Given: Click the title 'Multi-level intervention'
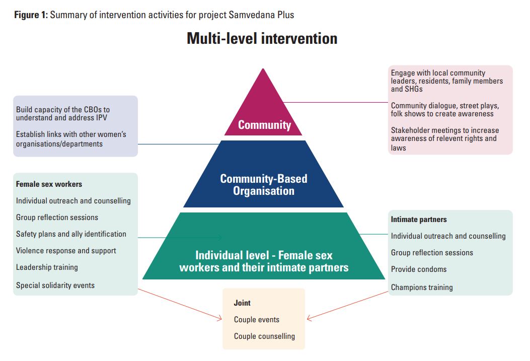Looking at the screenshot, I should [262, 39].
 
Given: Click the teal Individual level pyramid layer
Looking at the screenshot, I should [263, 252].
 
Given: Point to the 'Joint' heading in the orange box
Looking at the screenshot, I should [242, 303].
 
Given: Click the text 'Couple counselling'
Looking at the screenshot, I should [264, 336].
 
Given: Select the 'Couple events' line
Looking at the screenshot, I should [256, 320].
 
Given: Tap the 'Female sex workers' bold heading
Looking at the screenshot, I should [49, 184].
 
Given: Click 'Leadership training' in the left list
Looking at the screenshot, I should [47, 267].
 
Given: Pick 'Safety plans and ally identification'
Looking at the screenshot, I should [71, 234].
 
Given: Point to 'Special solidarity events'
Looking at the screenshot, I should [55, 285].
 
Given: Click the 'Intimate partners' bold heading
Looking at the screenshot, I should [419, 220].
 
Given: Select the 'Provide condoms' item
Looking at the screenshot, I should [419, 269].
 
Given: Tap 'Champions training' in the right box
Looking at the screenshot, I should [422, 287].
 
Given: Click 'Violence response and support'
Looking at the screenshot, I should [66, 251].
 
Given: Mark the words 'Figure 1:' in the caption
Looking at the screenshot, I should [31, 15].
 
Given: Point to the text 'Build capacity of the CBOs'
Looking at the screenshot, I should [63, 109].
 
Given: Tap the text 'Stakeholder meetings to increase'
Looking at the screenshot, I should [445, 131].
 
